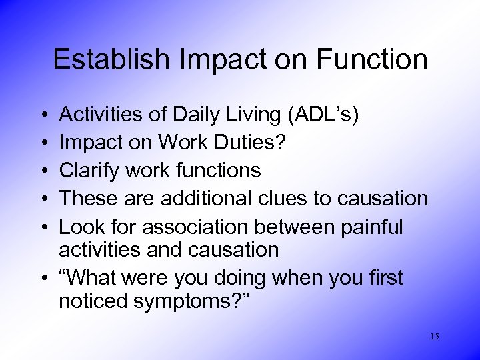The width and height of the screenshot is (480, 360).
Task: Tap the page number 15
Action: [434, 337]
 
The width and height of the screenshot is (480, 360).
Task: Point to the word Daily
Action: [205, 115]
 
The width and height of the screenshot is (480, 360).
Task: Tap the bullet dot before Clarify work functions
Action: [42, 171]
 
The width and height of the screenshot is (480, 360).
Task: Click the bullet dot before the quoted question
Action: [42, 278]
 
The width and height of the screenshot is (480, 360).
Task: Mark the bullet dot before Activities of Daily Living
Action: [42, 116]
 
